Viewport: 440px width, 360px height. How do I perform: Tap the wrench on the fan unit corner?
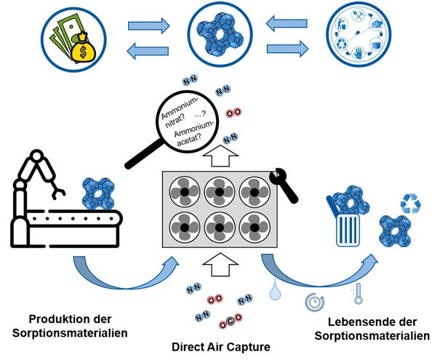pyautogui.click(x=283, y=185)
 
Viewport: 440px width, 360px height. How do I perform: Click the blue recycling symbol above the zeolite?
pyautogui.click(x=410, y=203)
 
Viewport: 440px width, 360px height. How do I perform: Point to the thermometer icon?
pyautogui.click(x=358, y=294)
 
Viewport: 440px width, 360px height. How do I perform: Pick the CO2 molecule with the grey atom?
pyautogui.click(x=231, y=321)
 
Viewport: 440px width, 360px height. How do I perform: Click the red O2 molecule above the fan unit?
pyautogui.click(x=233, y=113)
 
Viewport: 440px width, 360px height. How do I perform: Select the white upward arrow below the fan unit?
pyautogui.click(x=220, y=265)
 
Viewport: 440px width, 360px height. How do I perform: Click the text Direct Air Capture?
pyautogui.click(x=221, y=347)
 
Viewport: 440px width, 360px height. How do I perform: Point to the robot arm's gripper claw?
pyautogui.click(x=59, y=193)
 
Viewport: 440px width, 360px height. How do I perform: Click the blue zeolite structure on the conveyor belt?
pyautogui.click(x=97, y=193)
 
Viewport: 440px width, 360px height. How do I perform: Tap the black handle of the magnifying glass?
pyautogui.click(x=144, y=154)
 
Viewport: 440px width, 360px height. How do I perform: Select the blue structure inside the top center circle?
pyautogui.click(x=220, y=33)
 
